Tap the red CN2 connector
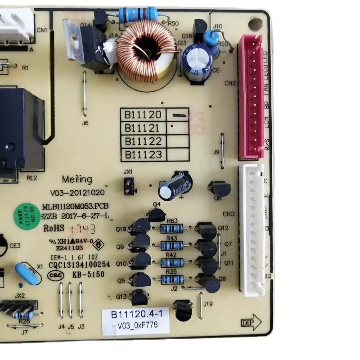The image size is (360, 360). pos(250,96)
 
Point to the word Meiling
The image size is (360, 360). pos(77,179)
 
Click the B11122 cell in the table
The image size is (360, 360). pos(143,141)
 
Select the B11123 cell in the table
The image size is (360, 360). pos(143,155)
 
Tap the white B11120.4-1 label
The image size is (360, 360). pos(135,315)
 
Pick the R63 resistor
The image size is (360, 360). pos(172,229)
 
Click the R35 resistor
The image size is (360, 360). pos(172,279)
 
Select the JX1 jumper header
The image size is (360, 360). pos(129,186)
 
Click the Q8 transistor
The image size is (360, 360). pos(220,189)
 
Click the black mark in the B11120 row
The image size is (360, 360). pos(179,115)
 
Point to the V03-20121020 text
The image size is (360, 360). pos(77,193)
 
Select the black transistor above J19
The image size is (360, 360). pos(183,310)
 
